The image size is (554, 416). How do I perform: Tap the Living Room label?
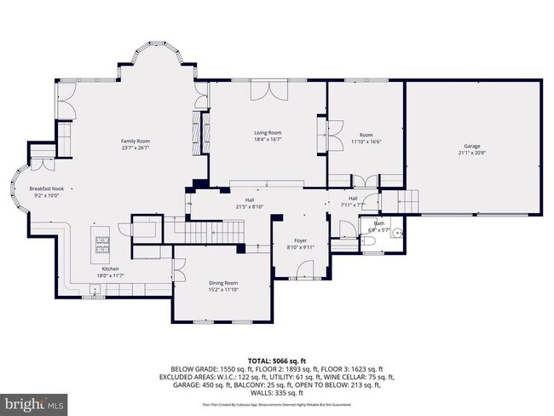click(x=268, y=133)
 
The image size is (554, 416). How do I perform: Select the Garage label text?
click(x=472, y=146)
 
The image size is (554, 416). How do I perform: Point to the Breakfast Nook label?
click(x=47, y=188)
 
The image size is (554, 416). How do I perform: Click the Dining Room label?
click(x=223, y=283)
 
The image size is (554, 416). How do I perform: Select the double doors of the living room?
click(x=268, y=92)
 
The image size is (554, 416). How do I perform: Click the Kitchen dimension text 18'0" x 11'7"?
click(x=110, y=275)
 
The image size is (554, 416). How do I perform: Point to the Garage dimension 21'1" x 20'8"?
click(x=472, y=153)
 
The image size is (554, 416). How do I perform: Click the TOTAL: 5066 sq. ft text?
click(x=276, y=361)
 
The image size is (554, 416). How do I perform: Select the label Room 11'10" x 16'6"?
click(x=366, y=139)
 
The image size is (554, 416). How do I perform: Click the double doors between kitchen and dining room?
click(x=178, y=273)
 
